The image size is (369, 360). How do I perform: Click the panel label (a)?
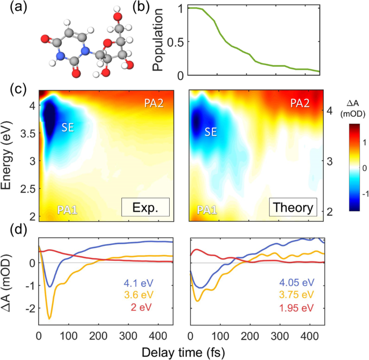(x=10, y=9)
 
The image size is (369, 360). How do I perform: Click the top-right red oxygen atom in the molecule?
(x=116, y=10)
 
